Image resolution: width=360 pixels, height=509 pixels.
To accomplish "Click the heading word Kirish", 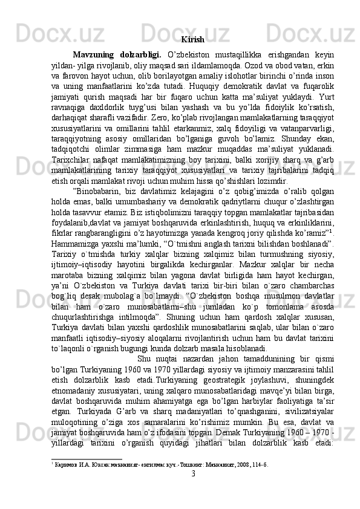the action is coord(192,41).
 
